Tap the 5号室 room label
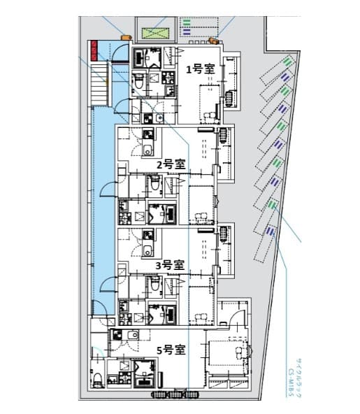click(x=170, y=348)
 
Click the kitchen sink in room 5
click(x=128, y=336)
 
